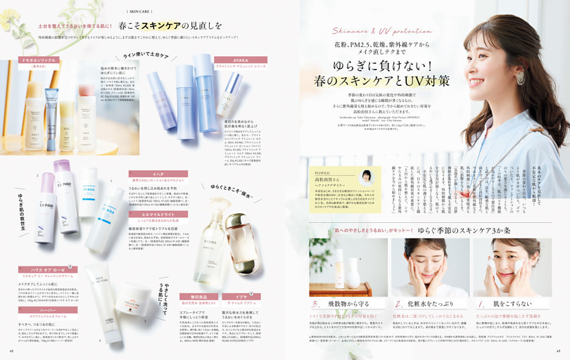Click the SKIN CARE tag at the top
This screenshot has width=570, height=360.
(140, 11)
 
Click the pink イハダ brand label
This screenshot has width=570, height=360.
(158, 173)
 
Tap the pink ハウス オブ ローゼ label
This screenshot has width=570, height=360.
(48, 269)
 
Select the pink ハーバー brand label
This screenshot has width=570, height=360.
(48, 309)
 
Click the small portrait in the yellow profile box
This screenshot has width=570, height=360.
(366, 176)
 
